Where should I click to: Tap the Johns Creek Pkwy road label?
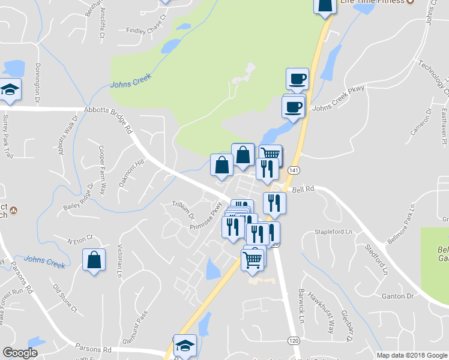click(x=338, y=98)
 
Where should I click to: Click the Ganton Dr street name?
click(x=398, y=296)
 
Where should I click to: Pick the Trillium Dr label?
click(x=184, y=210)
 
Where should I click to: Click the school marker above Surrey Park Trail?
click(x=10, y=91)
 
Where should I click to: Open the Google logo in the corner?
click(x=19, y=353)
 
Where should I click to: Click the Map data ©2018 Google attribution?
click(x=411, y=355)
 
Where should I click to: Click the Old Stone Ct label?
click(x=65, y=300)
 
